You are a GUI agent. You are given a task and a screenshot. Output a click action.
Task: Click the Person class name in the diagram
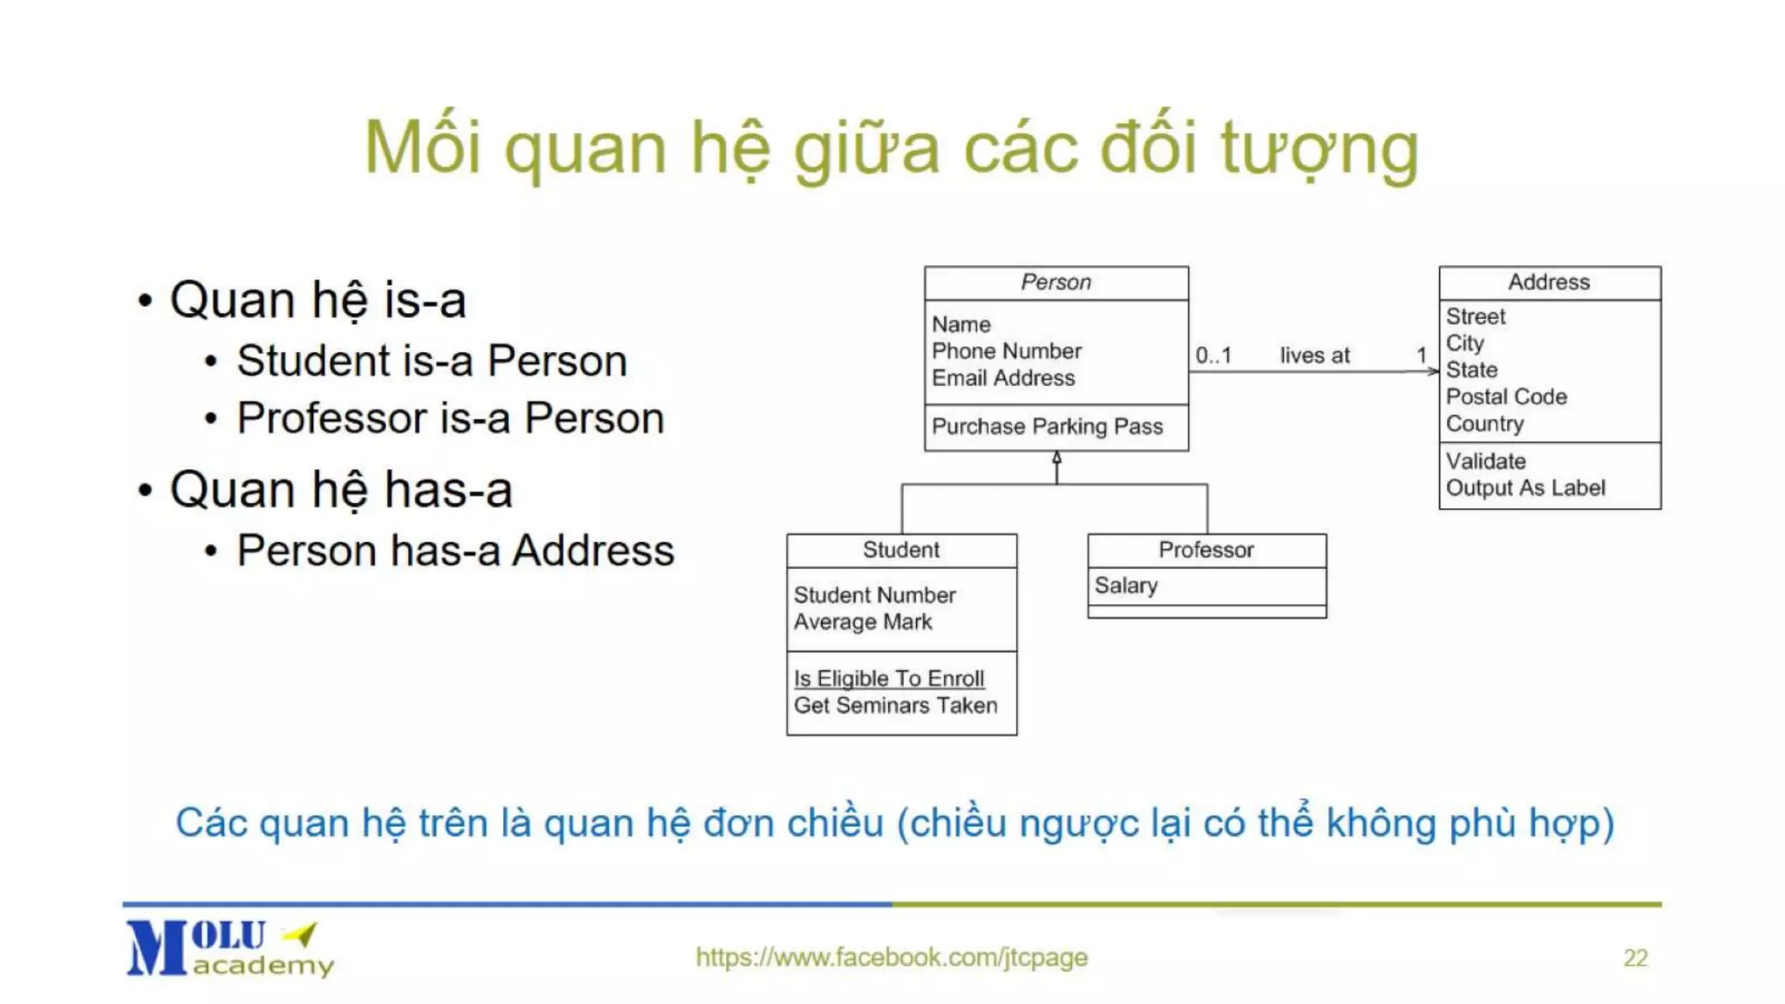[x=1055, y=282]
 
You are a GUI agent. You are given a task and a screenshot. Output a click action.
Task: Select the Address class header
[x=1549, y=282]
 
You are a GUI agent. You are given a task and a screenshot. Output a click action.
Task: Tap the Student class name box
[x=901, y=550]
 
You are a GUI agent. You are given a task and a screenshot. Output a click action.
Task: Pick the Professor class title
[x=1206, y=550]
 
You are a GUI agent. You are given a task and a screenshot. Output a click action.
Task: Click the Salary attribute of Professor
[x=1126, y=586]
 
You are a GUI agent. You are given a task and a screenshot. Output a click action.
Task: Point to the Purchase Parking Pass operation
[x=1047, y=426]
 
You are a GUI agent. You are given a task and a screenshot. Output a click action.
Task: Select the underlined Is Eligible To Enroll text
[x=889, y=678]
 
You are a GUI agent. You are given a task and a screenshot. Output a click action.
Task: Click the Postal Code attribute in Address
[x=1506, y=397]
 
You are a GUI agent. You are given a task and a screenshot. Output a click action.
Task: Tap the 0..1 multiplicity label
[x=1213, y=356]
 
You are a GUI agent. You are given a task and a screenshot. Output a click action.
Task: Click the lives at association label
[x=1314, y=356]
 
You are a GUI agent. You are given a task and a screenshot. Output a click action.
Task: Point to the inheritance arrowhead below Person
[x=1056, y=458]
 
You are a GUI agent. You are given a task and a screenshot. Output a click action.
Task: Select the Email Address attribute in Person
[x=1003, y=378]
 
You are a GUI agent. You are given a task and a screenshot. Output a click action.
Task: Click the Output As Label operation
[x=1525, y=488]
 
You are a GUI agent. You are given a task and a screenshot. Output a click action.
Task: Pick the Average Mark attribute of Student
[x=863, y=622]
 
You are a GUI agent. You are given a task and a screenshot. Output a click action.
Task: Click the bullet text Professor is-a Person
[x=451, y=418]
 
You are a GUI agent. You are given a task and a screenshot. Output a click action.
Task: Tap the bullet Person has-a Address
[x=455, y=551]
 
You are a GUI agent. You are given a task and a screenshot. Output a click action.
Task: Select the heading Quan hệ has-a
[x=341, y=490]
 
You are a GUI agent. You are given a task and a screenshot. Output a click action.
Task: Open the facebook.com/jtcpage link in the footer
[x=892, y=957]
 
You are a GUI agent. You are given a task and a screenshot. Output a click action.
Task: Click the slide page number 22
[x=1635, y=958]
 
